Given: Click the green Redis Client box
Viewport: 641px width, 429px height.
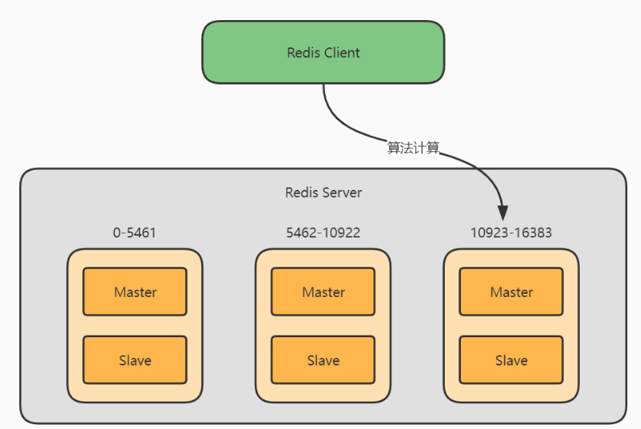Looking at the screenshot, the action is pos(323,52).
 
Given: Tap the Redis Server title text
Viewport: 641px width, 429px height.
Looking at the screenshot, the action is pos(323,192).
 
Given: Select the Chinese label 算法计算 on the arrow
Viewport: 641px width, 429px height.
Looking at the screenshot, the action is pos(413,147).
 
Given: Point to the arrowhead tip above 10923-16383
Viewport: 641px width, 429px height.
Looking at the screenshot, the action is pos(503,221).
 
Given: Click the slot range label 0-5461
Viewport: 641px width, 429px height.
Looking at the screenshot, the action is pos(134,233).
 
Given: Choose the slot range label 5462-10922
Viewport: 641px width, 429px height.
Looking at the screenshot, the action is pos(323,233).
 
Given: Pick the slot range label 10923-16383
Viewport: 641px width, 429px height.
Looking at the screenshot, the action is pos(511,233).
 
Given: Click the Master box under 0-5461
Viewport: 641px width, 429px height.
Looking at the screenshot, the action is pos(135,291).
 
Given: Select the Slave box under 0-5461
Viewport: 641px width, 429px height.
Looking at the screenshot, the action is pos(135,360).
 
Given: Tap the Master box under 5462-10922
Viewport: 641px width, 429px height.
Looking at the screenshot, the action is pos(323,291).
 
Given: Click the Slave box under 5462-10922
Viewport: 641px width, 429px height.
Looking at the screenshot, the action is pos(323,360).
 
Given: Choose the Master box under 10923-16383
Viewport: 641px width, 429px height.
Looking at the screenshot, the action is pos(511,291).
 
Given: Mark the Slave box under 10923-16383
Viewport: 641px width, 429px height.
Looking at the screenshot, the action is pos(511,360).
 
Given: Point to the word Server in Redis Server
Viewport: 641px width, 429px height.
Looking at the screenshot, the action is pos(342,192).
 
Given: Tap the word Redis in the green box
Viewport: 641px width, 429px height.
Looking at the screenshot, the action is pos(303,53).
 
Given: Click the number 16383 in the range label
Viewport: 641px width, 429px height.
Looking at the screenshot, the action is pos(533,233).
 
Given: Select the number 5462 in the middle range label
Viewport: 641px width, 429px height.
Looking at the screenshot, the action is pos(302,233).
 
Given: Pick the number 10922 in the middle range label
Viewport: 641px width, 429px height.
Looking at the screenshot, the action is pos(341,233).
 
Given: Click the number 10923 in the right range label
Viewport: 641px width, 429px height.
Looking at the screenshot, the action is pos(489,233).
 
